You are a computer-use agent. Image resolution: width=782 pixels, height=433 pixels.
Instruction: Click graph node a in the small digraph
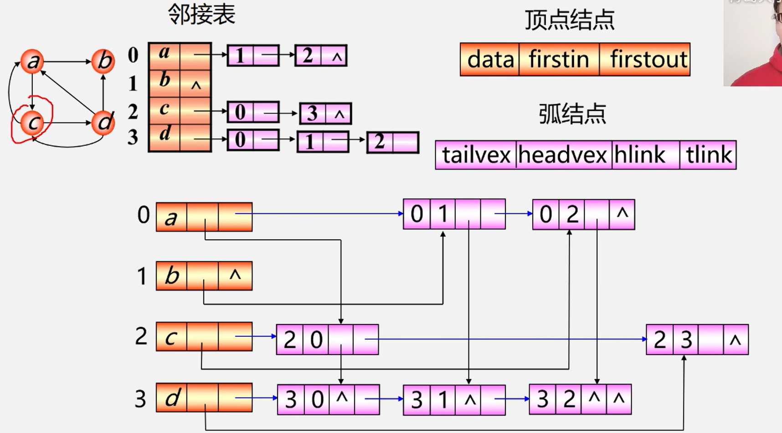(x=32, y=61)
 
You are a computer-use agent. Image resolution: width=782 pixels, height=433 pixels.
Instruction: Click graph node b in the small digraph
(x=103, y=61)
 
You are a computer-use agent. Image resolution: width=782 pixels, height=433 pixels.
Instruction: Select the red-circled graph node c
(x=32, y=122)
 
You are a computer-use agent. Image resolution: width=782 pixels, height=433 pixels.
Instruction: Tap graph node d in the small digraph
(x=103, y=122)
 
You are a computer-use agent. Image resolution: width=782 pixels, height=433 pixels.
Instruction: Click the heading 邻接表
(x=201, y=15)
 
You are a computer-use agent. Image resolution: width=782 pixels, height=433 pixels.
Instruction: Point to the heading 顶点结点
(x=570, y=20)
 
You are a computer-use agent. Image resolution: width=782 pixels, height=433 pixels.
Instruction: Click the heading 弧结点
(x=572, y=114)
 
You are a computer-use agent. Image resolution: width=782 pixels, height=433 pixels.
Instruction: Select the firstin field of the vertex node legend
(x=559, y=60)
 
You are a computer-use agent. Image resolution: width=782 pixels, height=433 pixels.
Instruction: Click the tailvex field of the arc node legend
(x=476, y=155)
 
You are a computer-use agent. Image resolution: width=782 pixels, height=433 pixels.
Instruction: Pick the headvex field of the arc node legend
(x=563, y=155)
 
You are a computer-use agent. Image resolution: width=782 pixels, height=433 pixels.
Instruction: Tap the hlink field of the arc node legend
(x=640, y=155)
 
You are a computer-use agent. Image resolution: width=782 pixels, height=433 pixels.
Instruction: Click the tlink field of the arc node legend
(x=709, y=155)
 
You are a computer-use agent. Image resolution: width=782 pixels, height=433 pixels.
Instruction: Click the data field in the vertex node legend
(x=490, y=60)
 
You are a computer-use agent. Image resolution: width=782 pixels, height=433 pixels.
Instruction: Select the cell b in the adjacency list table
(x=165, y=81)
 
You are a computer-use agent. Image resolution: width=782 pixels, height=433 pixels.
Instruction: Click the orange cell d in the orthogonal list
(x=172, y=398)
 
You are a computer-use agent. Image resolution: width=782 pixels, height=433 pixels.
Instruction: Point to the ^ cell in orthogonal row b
(x=235, y=275)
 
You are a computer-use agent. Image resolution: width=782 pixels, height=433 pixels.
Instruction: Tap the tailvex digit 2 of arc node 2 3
(x=659, y=340)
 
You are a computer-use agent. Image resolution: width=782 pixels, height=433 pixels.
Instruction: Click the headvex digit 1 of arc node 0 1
(x=443, y=214)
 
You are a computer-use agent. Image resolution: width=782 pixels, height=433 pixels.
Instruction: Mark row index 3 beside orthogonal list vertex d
(x=140, y=399)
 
